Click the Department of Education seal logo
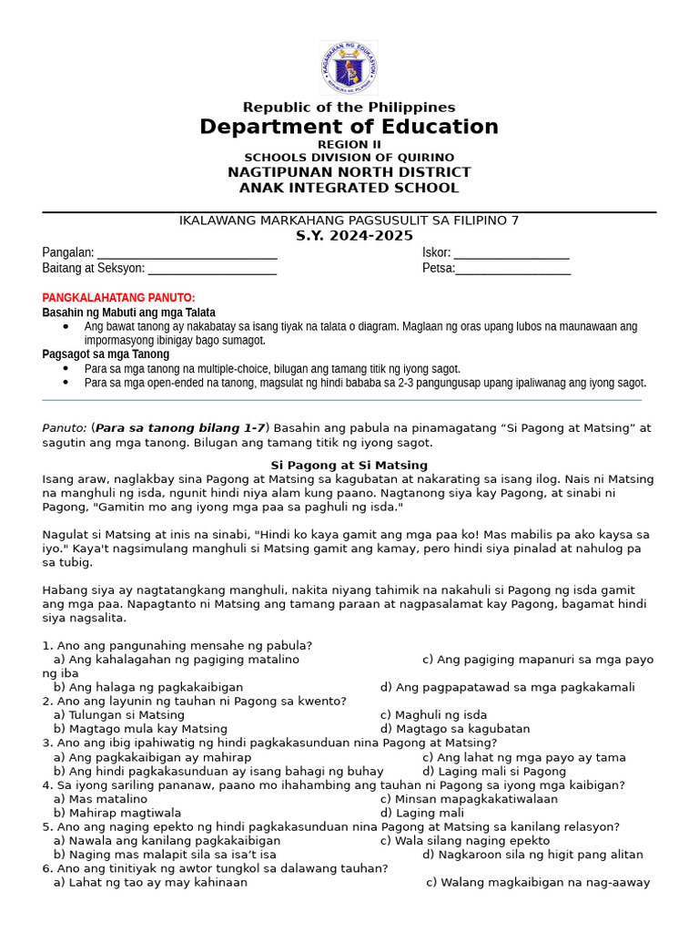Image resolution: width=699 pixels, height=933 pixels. (349, 68)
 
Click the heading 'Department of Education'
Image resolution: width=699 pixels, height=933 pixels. (349, 127)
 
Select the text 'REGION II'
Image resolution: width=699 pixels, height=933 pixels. (349, 145)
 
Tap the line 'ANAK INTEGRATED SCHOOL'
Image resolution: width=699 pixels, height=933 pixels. (349, 189)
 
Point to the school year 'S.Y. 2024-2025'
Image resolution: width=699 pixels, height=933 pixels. (349, 236)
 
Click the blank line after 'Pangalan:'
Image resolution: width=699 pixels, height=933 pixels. (187, 254)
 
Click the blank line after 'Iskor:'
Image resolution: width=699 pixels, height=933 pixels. (512, 254)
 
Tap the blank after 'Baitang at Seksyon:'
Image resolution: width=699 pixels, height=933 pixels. (212, 270)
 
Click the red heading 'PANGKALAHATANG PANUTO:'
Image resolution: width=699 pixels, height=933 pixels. (118, 298)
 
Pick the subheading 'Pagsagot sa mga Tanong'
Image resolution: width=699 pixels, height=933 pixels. (106, 354)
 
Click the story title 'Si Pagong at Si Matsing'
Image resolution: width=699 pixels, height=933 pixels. (349, 465)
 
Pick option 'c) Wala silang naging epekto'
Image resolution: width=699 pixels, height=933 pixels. (464, 841)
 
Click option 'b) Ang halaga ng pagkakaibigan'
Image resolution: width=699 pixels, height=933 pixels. (147, 687)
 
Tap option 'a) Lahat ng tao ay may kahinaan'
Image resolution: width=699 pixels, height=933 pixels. (150, 883)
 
